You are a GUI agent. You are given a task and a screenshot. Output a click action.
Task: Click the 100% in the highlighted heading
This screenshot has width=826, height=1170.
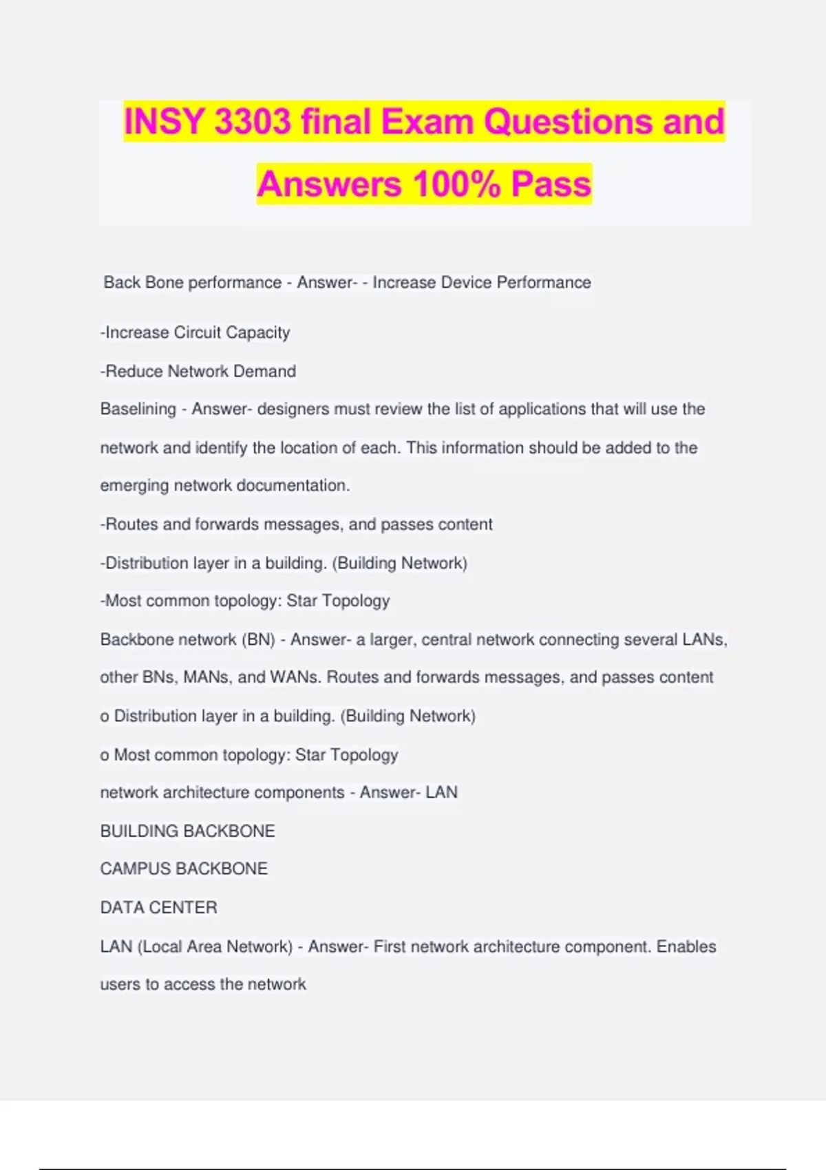[456, 184]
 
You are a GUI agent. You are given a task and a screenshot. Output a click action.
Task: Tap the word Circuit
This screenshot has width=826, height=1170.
[198, 333]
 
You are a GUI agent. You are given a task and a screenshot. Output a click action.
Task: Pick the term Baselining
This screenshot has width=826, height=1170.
[138, 409]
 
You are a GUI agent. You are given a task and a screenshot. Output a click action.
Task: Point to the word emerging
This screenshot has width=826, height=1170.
[134, 486]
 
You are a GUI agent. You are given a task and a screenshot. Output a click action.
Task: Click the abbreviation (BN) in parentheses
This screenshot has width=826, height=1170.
[258, 640]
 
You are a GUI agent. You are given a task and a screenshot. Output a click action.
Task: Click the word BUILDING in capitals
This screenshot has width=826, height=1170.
[139, 831]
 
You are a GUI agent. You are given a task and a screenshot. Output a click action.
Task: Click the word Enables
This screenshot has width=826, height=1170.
[686, 947]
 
